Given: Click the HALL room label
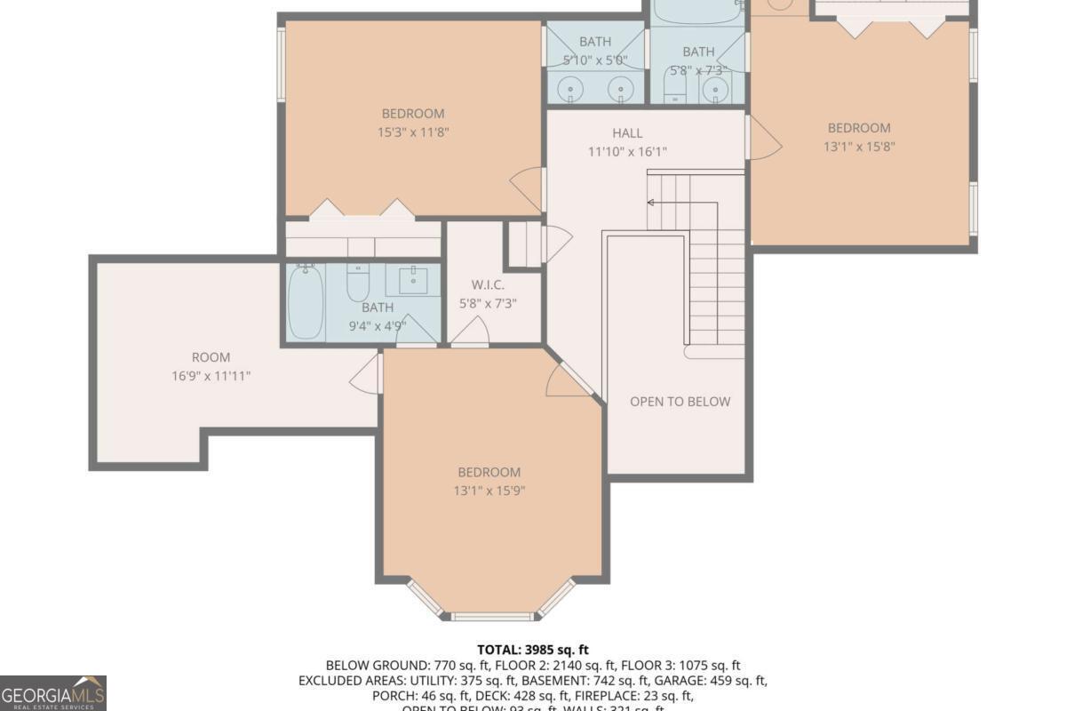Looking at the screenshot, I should [x=627, y=133].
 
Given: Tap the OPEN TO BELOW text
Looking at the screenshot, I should [x=680, y=402].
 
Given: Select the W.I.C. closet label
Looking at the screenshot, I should [x=489, y=284].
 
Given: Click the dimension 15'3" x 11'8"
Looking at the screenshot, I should [x=412, y=132].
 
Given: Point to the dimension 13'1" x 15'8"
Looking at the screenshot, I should [x=859, y=147].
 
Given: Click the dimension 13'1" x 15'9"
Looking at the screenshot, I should [x=489, y=491].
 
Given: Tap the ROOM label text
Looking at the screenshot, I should [x=211, y=357].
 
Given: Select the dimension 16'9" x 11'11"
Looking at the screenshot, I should [x=211, y=376].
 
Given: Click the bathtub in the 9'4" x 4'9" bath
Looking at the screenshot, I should [x=306, y=302].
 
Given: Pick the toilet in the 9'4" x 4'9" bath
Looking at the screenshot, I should [x=357, y=284].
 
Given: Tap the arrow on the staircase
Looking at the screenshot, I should [x=651, y=203].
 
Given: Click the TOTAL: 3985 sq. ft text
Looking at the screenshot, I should [x=533, y=650].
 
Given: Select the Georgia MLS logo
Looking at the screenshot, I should [x=53, y=692].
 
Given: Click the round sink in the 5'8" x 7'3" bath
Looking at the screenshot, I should [x=716, y=90].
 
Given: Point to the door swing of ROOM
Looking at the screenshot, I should [x=365, y=374].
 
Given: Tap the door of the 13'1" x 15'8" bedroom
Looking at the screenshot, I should [x=764, y=140].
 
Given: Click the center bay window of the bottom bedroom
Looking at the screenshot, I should [x=490, y=616].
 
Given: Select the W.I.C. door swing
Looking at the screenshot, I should [x=469, y=332].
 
